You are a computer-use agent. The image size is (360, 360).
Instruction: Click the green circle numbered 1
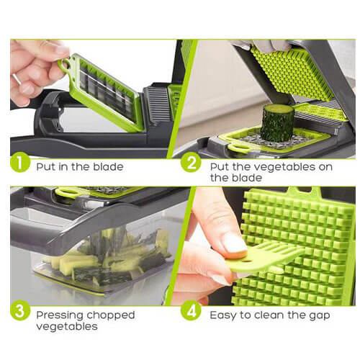20,163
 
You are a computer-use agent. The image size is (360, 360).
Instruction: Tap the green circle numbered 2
191,163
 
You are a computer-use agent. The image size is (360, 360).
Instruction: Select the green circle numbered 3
20,310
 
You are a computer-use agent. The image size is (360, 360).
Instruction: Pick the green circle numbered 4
191,311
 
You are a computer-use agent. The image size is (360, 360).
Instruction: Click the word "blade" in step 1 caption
108,167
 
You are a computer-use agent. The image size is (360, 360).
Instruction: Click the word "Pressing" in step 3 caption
59,316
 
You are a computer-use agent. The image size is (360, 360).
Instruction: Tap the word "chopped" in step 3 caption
110,316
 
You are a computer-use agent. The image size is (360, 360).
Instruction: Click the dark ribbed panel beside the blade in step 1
158,104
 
